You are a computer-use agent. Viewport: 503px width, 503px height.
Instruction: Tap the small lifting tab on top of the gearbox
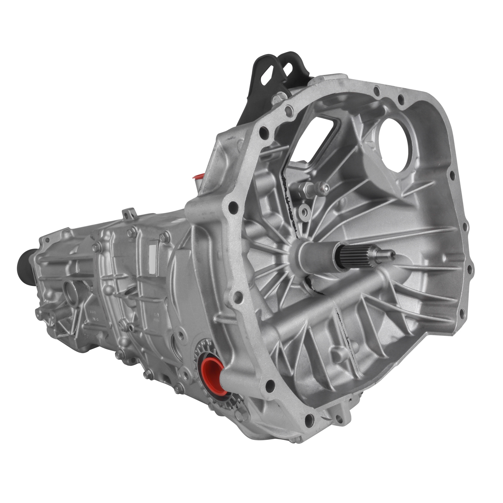coord(129,213)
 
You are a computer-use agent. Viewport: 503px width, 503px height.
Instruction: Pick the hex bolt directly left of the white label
coord(132,231)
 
